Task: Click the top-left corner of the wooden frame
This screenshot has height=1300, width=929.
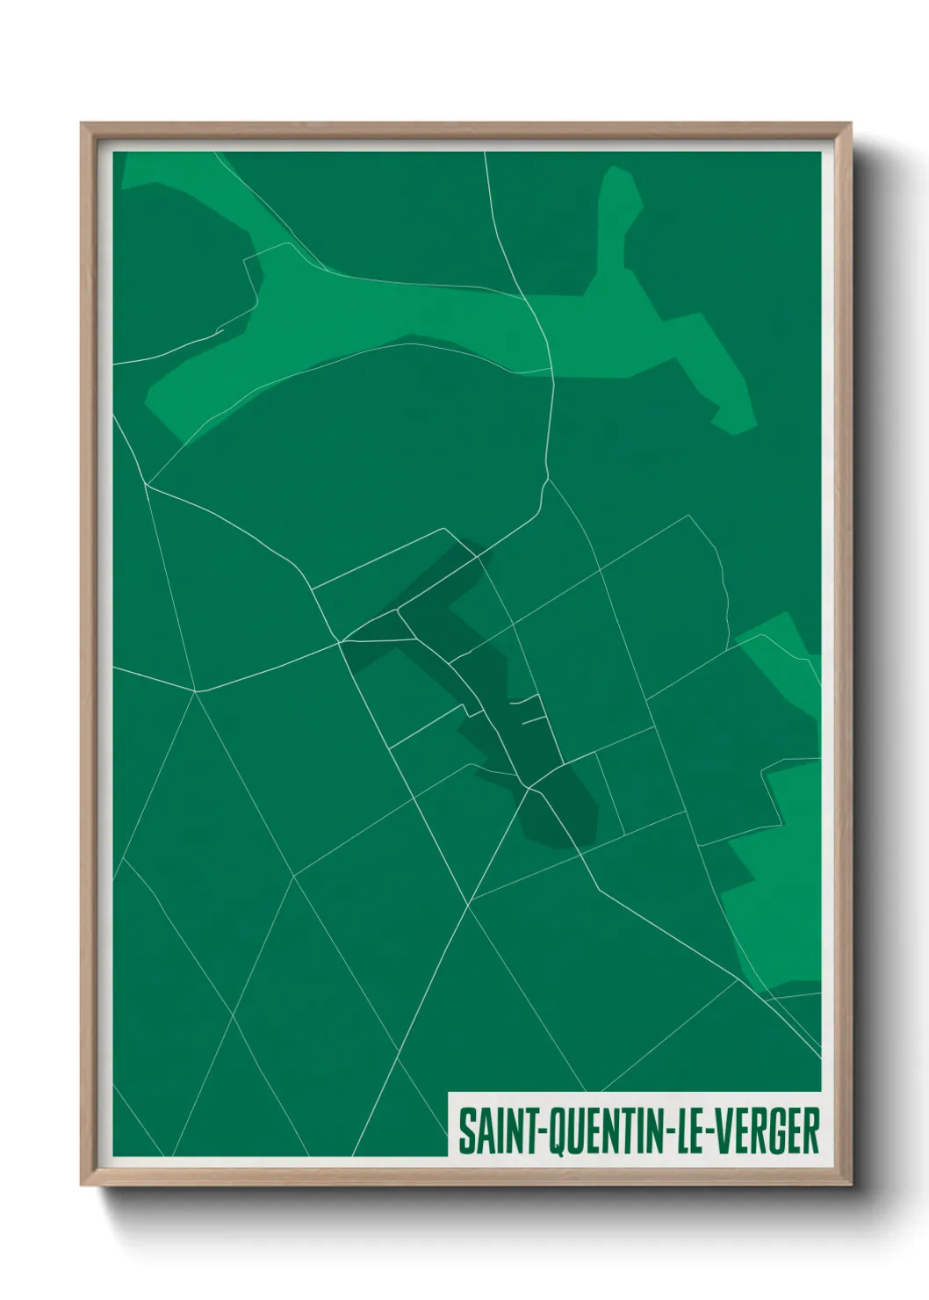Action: [83, 125]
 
